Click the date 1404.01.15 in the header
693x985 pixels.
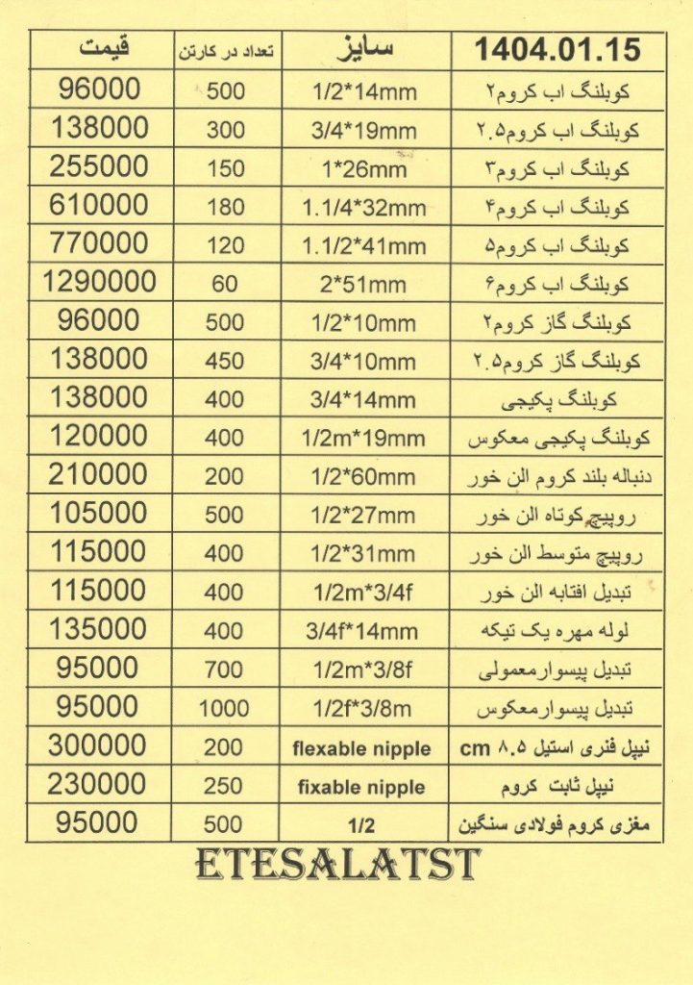click(x=557, y=49)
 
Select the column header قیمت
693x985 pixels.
click(x=102, y=48)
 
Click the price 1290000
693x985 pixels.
click(x=100, y=282)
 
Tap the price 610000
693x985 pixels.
click(x=100, y=205)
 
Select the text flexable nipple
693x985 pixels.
click(x=361, y=748)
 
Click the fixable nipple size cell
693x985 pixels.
click(x=361, y=787)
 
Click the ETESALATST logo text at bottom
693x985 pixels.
click(x=337, y=866)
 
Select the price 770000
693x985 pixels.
click(x=100, y=243)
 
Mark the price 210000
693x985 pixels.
click(x=100, y=474)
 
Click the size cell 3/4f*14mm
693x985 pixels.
click(x=361, y=631)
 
